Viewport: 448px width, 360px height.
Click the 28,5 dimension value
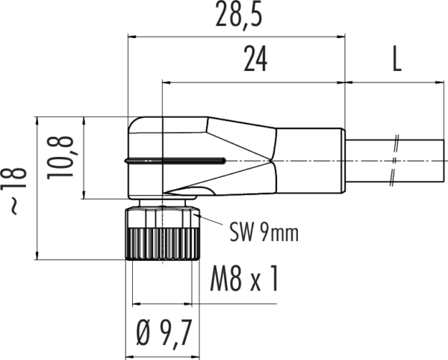coord(239,14)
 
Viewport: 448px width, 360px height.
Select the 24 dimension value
coord(255,60)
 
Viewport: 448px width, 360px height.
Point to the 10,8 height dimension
coord(60,158)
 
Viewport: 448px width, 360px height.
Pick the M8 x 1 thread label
coord(244,279)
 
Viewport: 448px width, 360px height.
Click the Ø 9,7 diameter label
coord(164,333)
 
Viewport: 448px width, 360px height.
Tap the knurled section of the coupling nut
coord(162,244)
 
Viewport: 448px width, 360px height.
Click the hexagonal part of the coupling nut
coord(162,218)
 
